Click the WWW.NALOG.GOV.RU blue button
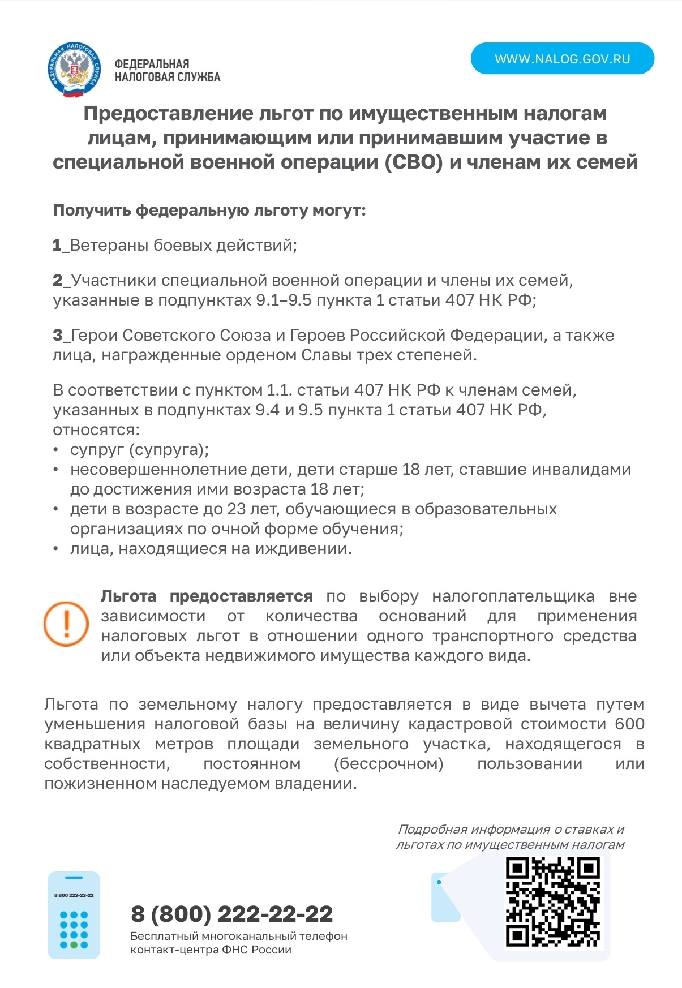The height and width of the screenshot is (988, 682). pos(562,59)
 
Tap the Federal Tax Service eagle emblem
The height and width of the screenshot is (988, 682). pos(74,70)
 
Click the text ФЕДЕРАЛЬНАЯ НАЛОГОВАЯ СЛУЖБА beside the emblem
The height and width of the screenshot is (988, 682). pos(167,71)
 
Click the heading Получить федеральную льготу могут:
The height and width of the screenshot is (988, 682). pos(209,211)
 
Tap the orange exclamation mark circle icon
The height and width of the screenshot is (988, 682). pos(66,624)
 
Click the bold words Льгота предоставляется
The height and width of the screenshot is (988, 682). pos(207,596)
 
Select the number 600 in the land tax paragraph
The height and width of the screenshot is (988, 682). pos(629,724)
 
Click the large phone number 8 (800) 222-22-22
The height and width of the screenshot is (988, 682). pos(232,914)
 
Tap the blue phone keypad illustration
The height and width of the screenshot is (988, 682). pos(74,915)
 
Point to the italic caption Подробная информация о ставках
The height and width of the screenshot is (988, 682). pos(510,830)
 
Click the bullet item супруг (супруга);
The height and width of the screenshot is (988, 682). pos(139,450)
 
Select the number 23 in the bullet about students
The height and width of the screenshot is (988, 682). pos(236,509)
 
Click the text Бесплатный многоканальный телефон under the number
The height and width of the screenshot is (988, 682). pos(238,937)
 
